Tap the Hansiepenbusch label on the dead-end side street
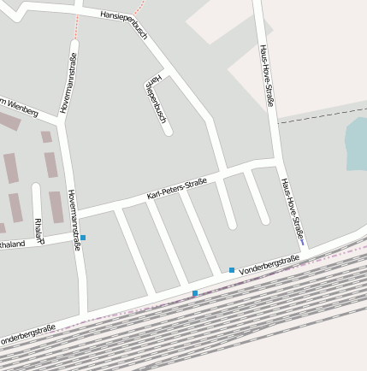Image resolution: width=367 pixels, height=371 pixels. coord(155,101)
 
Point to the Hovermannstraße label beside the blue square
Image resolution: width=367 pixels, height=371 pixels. coord(74,220)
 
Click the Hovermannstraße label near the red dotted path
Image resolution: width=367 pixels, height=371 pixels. coord(68,83)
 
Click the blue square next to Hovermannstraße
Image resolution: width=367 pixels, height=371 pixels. coord(83,237)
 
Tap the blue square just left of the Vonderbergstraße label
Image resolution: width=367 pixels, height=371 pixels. coord(231,270)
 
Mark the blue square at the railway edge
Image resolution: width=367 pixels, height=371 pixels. coord(195,293)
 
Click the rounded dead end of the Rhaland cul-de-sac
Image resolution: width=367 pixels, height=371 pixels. coord(36,187)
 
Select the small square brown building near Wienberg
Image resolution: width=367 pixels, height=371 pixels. coord(46,136)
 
